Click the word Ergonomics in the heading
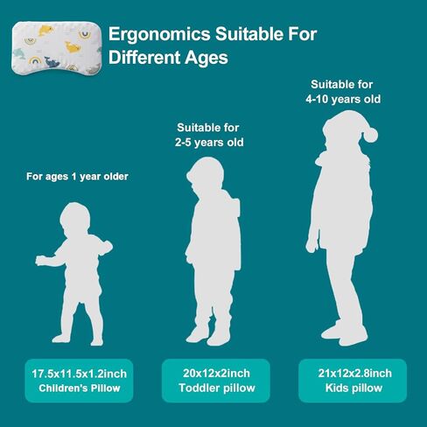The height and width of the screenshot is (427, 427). click(159, 35)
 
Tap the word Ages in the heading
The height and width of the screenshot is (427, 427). click(206, 58)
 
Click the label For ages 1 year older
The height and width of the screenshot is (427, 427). click(77, 177)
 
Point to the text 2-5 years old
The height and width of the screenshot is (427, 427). click(209, 143)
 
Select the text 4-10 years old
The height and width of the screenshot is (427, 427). click(343, 99)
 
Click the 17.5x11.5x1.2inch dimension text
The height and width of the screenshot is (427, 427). click(79, 374)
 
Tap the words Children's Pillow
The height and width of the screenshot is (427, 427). click(80, 388)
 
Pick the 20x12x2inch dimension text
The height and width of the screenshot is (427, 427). click(216, 374)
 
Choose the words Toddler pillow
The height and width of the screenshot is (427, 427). click(217, 388)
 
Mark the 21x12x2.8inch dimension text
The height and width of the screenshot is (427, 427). click(354, 374)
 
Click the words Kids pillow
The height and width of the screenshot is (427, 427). click(353, 388)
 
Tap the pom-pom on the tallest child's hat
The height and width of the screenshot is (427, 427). click(370, 136)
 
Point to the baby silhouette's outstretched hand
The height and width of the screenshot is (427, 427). click(41, 261)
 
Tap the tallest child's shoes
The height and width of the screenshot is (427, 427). click(344, 333)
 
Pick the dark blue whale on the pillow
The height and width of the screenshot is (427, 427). click(52, 62)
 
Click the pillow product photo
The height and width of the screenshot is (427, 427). click(57, 48)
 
